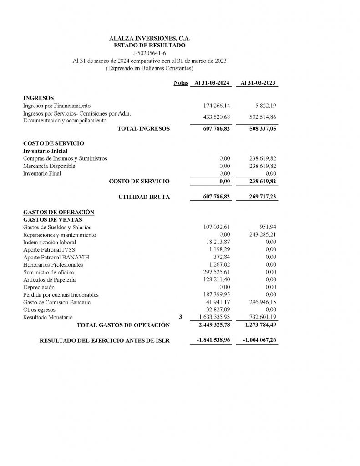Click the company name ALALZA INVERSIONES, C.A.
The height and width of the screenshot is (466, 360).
[150, 39]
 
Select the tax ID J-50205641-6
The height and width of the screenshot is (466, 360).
[150, 53]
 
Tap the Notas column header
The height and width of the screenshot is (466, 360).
[181, 83]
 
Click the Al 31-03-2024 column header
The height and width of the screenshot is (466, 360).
[212, 83]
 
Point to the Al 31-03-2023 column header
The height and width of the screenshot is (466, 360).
[258, 83]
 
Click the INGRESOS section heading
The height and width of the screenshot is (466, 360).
[38, 98]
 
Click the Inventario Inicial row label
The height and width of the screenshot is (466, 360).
[45, 151]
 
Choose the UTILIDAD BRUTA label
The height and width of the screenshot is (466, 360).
[144, 197]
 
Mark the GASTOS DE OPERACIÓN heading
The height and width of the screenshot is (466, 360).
[58, 212]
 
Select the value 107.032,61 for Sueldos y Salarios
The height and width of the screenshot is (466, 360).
[217, 227]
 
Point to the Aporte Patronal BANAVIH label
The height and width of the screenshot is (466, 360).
[56, 257]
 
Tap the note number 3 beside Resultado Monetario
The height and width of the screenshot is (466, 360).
[181, 317]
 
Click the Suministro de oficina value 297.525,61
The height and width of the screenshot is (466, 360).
[217, 272]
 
